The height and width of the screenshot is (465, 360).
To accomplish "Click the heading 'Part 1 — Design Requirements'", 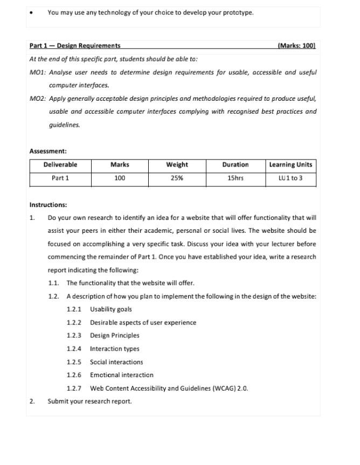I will pyautogui.click(x=75, y=46).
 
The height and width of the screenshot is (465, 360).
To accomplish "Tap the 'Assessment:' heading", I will pyautogui.click(x=48, y=151).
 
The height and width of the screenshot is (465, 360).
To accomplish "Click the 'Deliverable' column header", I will pyautogui.click(x=60, y=165).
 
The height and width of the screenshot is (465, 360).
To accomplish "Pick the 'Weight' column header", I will pyautogui.click(x=177, y=165).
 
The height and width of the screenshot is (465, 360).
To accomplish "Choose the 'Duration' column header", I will pyautogui.click(x=236, y=165).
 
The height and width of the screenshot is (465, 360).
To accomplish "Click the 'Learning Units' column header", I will pyautogui.click(x=290, y=165).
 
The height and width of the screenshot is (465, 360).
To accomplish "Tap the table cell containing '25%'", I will pyautogui.click(x=177, y=178).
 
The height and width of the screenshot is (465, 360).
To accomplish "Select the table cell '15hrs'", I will pyautogui.click(x=236, y=178).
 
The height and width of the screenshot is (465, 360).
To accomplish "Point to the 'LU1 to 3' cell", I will pyautogui.click(x=290, y=178).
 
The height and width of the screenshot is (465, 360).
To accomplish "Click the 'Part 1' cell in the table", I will pyautogui.click(x=60, y=178).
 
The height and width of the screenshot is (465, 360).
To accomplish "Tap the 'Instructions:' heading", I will pyautogui.click(x=48, y=205).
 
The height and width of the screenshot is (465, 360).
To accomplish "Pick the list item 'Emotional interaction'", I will pyautogui.click(x=121, y=375).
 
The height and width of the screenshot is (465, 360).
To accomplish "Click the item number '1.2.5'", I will pyautogui.click(x=74, y=362).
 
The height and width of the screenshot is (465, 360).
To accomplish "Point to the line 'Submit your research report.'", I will pyautogui.click(x=89, y=401).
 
